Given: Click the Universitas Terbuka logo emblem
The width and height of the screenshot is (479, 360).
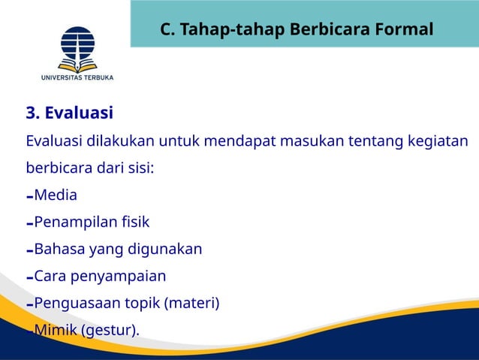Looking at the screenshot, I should coord(77,47).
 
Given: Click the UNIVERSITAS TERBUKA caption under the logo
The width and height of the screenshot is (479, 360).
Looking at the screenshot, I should coord(77,76).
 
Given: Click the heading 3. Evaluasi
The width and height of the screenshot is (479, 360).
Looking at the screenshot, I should coord(69,113).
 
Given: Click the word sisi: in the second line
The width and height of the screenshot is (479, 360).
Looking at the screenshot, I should coord(139,168).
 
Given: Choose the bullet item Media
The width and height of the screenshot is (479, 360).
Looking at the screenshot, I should coord(55,195).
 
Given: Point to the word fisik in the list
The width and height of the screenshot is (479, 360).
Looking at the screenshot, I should coord(135,222).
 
